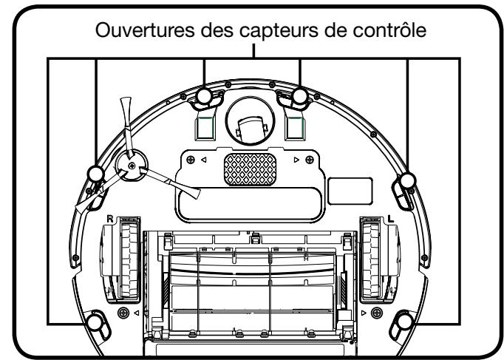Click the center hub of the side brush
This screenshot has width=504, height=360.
tap(131, 167)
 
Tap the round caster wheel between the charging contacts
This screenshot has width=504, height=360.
tap(251, 123)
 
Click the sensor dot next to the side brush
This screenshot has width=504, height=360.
tap(95, 174)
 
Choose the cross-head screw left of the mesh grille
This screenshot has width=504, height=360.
tap(191, 160)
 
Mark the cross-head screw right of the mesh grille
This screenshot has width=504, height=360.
tap(311, 160)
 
